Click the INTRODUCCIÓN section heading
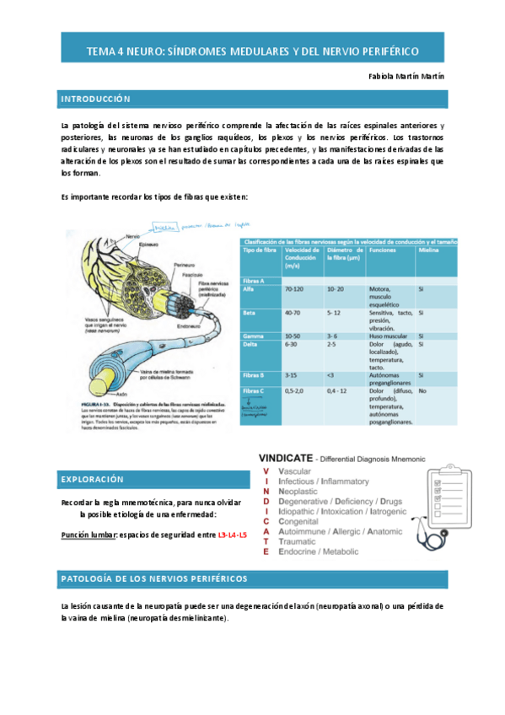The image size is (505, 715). click(95, 99)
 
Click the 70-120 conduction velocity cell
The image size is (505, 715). click(294, 289)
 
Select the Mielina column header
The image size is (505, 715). click(429, 250)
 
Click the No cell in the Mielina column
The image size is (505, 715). click(422, 391)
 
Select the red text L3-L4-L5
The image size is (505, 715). click(233, 535)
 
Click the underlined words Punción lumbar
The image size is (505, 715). click(89, 535)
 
